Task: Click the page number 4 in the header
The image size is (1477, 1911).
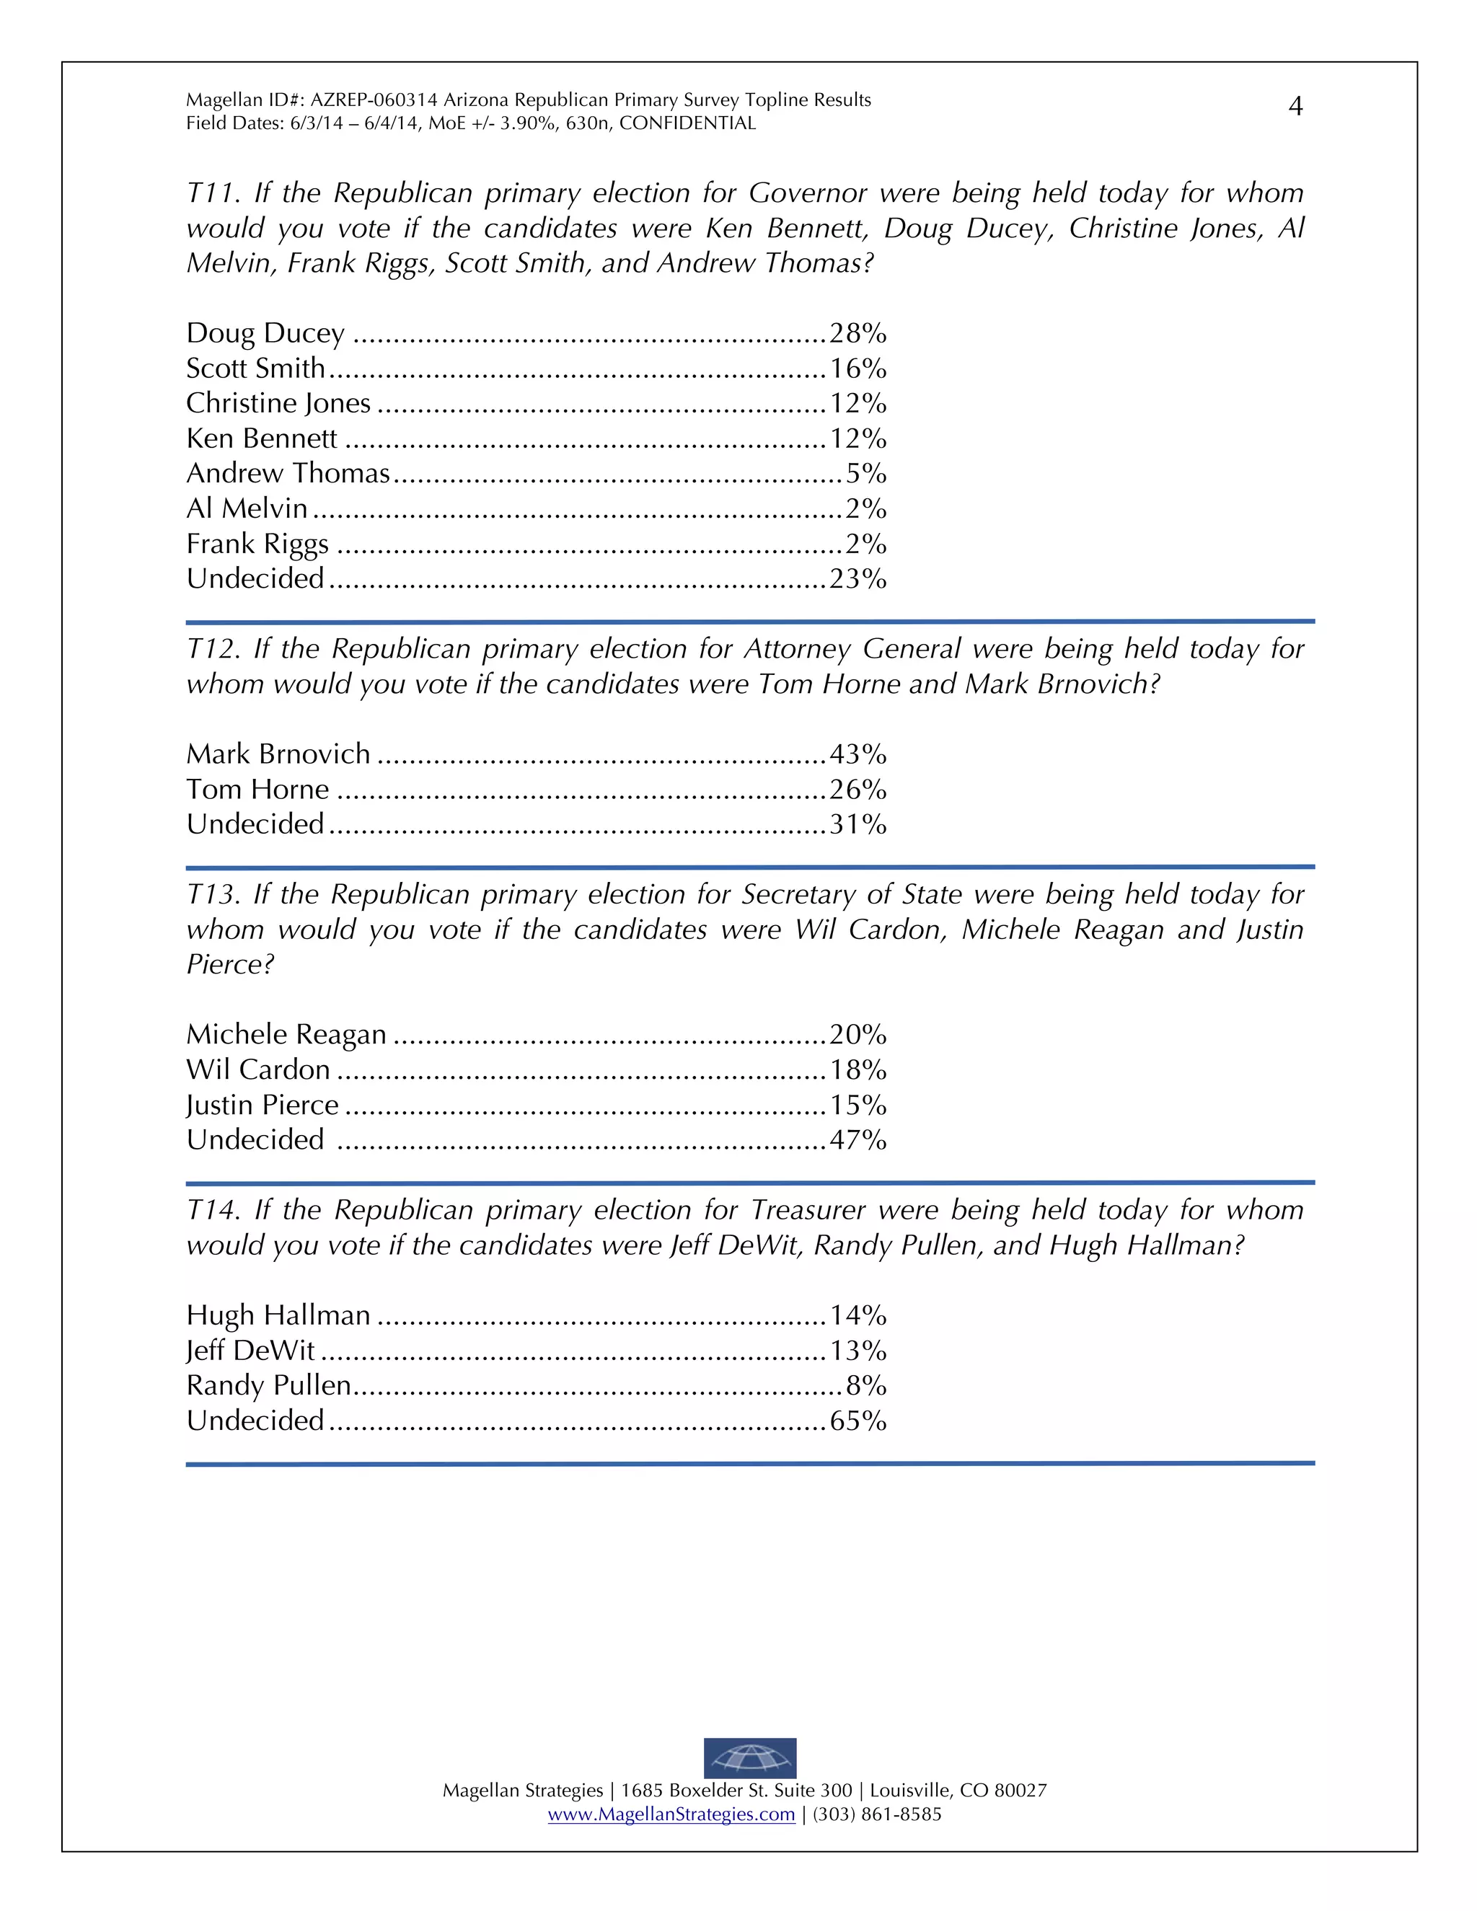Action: [x=1296, y=107]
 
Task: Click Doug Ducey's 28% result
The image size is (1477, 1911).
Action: [x=857, y=333]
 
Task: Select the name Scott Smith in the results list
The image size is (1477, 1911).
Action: [x=255, y=368]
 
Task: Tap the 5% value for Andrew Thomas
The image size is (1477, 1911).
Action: [x=865, y=473]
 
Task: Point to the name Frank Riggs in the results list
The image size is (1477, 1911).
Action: [x=257, y=544]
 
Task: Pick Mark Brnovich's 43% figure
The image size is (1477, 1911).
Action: [x=857, y=754]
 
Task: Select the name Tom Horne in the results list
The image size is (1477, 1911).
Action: [x=257, y=789]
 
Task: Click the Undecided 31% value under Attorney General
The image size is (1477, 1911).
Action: [x=857, y=824]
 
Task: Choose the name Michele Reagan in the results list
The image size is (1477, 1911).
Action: [x=286, y=1035]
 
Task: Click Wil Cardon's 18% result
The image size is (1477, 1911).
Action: [x=857, y=1070]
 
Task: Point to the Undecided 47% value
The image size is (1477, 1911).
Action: [x=857, y=1140]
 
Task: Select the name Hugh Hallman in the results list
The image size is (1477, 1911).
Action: [x=278, y=1315]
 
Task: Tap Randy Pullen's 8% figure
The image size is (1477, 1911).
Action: [x=865, y=1386]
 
